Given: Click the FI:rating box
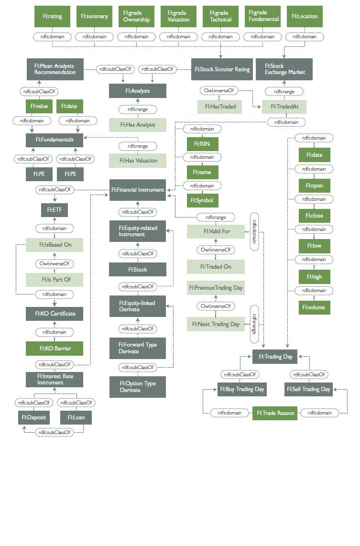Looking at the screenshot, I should [52, 16].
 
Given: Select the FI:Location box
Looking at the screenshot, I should [305, 16].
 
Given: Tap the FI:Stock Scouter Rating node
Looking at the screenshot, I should [221, 69].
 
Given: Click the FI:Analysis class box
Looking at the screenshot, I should [137, 91].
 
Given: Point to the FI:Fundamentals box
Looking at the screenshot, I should [54, 140].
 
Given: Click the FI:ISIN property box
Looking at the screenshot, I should [202, 143].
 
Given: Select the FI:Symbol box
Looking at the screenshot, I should [202, 200].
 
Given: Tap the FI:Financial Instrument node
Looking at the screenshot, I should [137, 190].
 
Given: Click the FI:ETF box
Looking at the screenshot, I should [54, 209].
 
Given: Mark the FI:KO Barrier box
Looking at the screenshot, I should [54, 349].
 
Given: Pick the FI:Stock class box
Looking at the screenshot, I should [137, 269].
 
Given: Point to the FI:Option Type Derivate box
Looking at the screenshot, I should [137, 387].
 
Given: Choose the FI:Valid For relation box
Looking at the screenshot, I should [216, 231].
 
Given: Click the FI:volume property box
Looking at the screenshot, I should [314, 307].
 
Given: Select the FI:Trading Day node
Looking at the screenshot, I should [275, 356].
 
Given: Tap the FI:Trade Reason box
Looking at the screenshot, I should [275, 413].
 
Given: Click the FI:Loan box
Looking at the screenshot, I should [76, 417].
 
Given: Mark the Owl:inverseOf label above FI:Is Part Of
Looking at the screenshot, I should [54, 263].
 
